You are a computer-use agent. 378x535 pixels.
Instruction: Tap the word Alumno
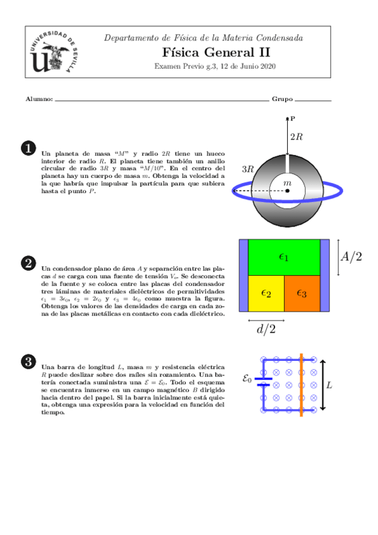38,100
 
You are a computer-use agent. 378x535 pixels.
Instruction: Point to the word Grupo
281,100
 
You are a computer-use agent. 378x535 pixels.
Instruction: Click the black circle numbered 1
28,149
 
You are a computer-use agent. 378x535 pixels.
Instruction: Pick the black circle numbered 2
28,264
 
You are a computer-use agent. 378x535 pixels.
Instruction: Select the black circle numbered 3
28,362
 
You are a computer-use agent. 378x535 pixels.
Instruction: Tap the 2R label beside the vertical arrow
297,137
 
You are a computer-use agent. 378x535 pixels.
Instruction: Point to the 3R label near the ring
248,169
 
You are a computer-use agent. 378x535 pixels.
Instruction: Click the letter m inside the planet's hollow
287,183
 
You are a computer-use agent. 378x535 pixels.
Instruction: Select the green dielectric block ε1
283,257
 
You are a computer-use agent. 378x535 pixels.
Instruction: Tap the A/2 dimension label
351,256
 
